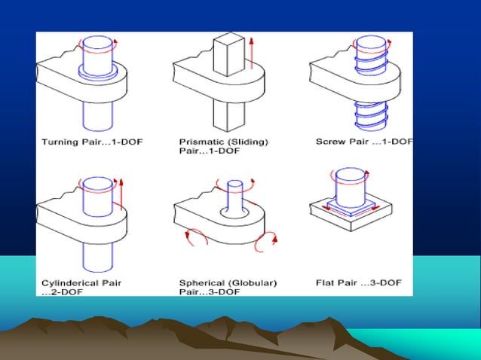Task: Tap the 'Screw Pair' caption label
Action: coord(341,142)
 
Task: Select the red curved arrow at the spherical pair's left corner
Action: coord(191,236)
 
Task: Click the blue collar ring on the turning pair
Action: coord(99,71)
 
